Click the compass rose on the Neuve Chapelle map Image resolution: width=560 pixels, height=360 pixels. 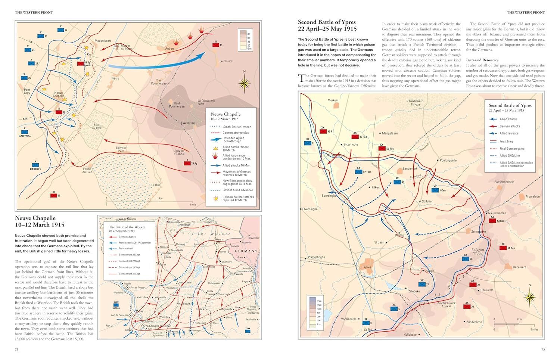tap(245, 84)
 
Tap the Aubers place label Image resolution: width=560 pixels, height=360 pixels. tap(170, 49)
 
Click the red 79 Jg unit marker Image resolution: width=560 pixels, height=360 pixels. tap(187, 163)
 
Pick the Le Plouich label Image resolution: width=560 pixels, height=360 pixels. tap(226, 61)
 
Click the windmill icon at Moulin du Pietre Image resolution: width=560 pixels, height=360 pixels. tap(117, 47)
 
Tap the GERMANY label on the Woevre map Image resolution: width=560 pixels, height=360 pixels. tap(246, 251)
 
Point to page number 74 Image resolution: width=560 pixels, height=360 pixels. tap(16, 349)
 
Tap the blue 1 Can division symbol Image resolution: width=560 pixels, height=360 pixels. tap(435, 190)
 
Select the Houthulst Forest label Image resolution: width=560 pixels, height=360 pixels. tap(415, 103)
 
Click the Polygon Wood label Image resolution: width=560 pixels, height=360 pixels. tap(477, 251)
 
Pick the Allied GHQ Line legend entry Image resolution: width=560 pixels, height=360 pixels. tap(510, 155)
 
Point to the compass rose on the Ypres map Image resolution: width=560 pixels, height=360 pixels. tap(529, 297)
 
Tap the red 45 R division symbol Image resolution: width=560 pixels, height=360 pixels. tap(323, 131)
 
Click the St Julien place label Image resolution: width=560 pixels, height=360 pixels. tap(427, 201)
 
